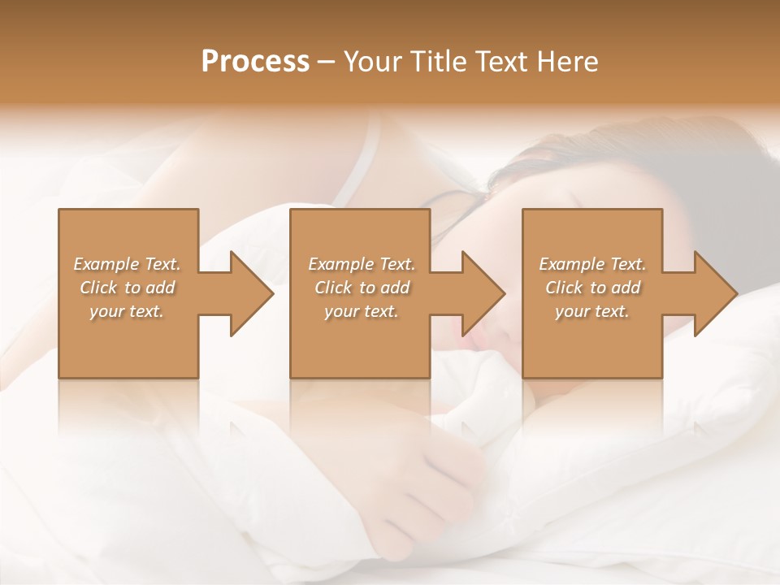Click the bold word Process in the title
click(255, 62)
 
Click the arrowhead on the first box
click(248, 293)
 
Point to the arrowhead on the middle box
click(479, 293)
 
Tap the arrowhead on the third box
click(712, 293)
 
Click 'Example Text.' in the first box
click(127, 264)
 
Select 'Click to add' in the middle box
click(362, 288)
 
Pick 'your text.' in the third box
click(592, 311)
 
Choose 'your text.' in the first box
click(127, 311)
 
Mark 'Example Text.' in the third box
click(592, 264)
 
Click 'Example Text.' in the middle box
click(362, 264)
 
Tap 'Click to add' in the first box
click(127, 288)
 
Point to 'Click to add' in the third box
click(592, 288)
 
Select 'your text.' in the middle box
click(362, 311)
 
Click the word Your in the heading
click(373, 62)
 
